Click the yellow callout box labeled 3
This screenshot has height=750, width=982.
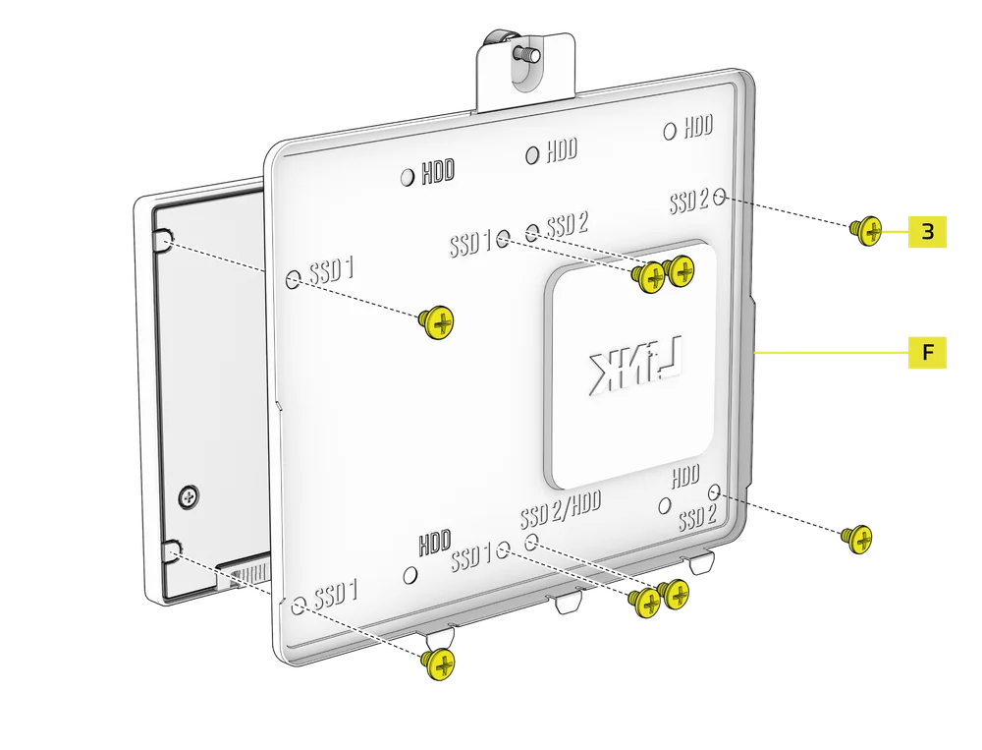pyautogui.click(x=927, y=231)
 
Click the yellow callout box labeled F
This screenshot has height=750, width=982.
pyautogui.click(x=927, y=353)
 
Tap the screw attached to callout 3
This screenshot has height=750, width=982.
pyautogui.click(x=867, y=231)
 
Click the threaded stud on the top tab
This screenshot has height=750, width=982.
pyautogui.click(x=526, y=55)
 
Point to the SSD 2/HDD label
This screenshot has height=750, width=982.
pyautogui.click(x=561, y=509)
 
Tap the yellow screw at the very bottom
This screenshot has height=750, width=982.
pyautogui.click(x=438, y=664)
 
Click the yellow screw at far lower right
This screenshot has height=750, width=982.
pyautogui.click(x=857, y=539)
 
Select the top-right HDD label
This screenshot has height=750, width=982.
pyautogui.click(x=698, y=126)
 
